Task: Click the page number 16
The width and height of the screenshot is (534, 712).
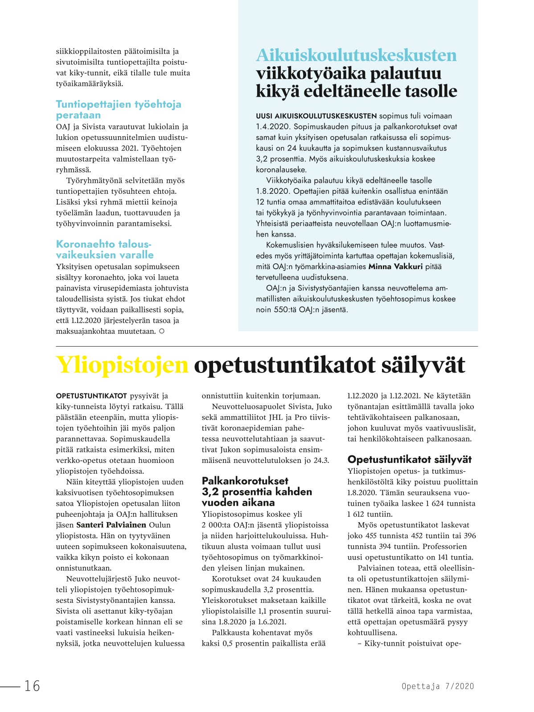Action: tap(32, 686)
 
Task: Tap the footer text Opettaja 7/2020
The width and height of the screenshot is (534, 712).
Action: tap(438, 686)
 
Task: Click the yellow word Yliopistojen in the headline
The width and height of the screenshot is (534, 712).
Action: tap(122, 365)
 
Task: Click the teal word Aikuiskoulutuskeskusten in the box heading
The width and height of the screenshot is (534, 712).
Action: tap(356, 55)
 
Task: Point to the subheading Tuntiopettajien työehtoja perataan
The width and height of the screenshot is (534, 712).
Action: tap(118, 110)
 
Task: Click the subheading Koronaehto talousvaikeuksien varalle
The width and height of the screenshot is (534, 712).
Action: tap(105, 250)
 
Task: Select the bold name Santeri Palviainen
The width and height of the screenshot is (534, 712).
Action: tap(111, 525)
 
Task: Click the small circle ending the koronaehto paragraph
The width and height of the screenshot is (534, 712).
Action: tap(162, 331)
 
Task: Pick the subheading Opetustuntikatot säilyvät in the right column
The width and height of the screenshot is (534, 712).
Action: tap(409, 459)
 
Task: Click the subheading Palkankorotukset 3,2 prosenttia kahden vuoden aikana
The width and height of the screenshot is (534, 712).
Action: tap(257, 491)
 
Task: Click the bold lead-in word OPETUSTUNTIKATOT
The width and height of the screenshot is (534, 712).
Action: tap(91, 396)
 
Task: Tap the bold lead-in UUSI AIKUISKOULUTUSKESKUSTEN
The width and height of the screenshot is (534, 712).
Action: tap(316, 116)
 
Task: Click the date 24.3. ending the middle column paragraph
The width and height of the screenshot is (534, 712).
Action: tap(321, 460)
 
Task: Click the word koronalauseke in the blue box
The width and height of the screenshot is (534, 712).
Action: tap(281, 170)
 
